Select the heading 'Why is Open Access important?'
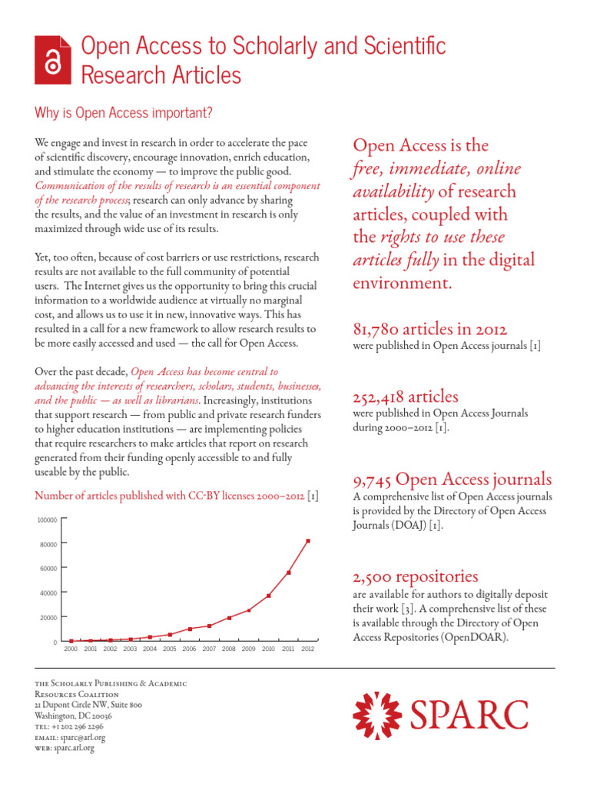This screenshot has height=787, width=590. tap(123, 113)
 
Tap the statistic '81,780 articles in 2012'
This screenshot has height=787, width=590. tap(429, 329)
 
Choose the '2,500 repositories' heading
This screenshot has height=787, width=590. tap(415, 576)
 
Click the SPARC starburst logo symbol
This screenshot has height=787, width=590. tap(376, 715)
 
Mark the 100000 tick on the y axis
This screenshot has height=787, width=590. tap(48, 520)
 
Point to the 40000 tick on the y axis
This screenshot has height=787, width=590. tap(49, 593)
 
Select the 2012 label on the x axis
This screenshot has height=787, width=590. tap(308, 649)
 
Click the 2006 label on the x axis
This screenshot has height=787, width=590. tap(189, 649)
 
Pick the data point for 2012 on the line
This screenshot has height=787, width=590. tap(308, 541)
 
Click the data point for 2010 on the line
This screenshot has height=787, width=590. tap(268, 596)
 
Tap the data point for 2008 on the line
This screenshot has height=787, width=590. tap(229, 618)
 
